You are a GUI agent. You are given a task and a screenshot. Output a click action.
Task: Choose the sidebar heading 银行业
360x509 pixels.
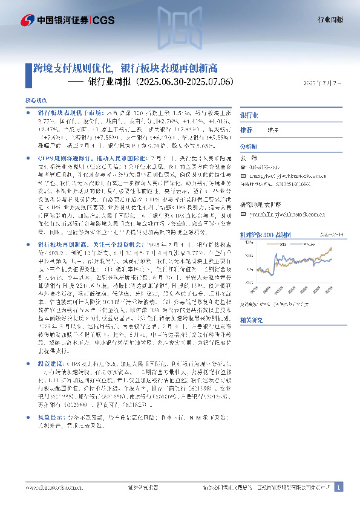[x=249, y=115]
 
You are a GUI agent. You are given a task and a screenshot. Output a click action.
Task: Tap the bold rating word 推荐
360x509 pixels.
[x=246, y=130]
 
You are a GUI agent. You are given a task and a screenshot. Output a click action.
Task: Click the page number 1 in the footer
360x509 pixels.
[x=339, y=487]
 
